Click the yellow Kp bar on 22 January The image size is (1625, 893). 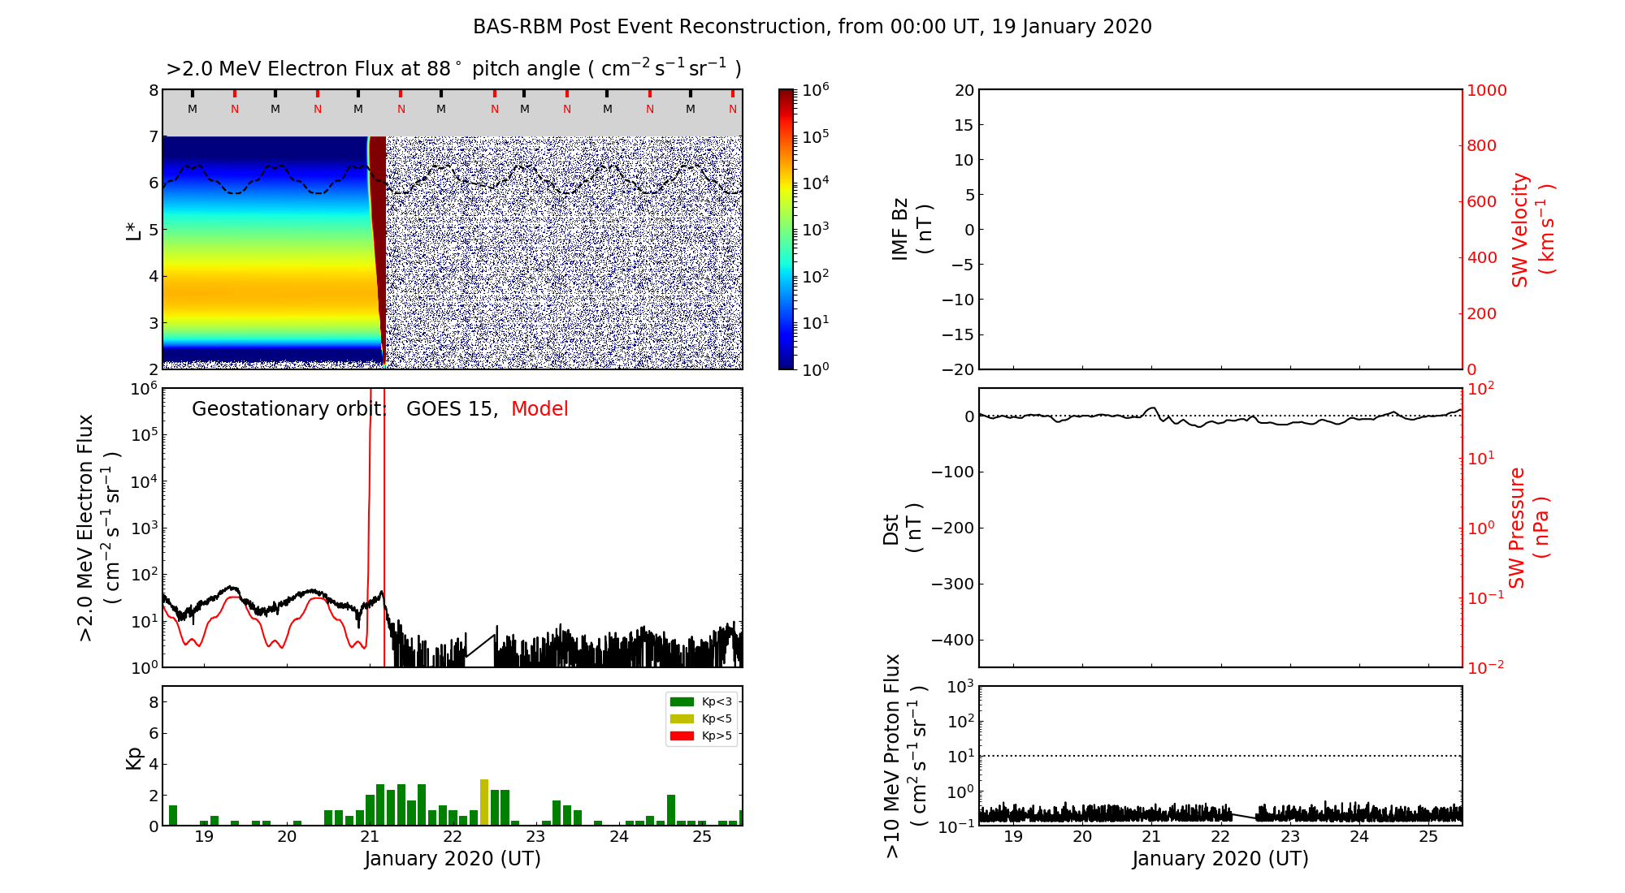pyautogui.click(x=484, y=802)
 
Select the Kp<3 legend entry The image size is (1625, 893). pyautogui.click(x=701, y=701)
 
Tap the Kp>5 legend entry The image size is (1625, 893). pyautogui.click(x=701, y=736)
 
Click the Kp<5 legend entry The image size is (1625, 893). pyautogui.click(x=701, y=718)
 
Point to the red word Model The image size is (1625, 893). pyautogui.click(x=539, y=409)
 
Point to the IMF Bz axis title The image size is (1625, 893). pyautogui.click(x=911, y=230)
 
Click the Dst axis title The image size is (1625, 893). pyautogui.click(x=902, y=528)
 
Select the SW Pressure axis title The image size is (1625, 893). pyautogui.click(x=1528, y=528)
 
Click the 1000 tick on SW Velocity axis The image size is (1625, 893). pyautogui.click(x=1486, y=90)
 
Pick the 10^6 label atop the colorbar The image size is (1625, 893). pyautogui.click(x=815, y=89)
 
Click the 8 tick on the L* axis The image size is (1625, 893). pyautogui.click(x=153, y=90)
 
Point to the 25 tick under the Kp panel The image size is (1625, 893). pyautogui.click(x=702, y=837)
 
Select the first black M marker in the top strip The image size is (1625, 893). pyautogui.click(x=193, y=109)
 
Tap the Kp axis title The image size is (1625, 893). pyautogui.click(x=134, y=757)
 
